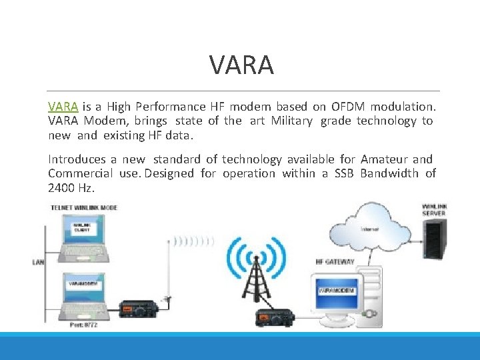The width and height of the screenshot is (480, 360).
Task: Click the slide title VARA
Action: click(241, 65)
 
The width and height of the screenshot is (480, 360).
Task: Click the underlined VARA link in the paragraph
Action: click(63, 107)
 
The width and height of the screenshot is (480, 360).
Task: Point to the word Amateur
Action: click(383, 159)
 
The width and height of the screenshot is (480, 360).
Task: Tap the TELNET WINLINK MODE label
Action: click(85, 208)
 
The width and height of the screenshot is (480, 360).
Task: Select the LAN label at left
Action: click(38, 262)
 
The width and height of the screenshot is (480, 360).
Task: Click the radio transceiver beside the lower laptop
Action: click(138, 308)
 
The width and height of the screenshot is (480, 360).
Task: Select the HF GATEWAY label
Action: click(335, 261)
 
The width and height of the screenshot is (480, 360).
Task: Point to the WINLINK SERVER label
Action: click(434, 210)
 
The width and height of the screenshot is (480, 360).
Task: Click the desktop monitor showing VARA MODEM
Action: click(336, 291)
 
